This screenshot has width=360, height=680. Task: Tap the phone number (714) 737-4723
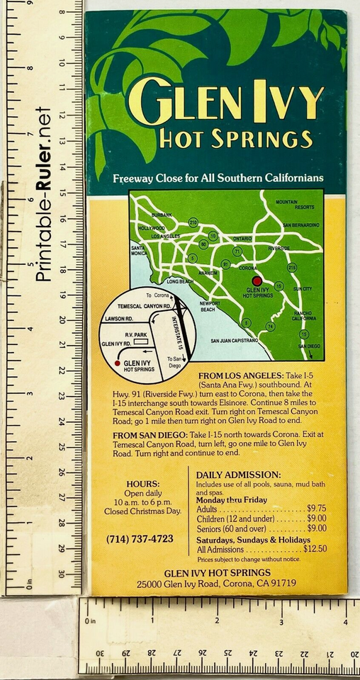(x=140, y=538)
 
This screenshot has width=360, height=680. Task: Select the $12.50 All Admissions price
(x=315, y=548)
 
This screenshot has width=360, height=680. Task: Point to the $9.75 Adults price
(x=316, y=508)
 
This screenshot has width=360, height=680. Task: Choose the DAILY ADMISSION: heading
(x=238, y=474)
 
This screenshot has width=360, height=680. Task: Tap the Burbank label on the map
(x=162, y=215)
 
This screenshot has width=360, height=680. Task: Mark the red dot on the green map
(x=257, y=280)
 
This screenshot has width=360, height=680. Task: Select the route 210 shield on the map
(x=193, y=222)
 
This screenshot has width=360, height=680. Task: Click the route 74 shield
(x=270, y=326)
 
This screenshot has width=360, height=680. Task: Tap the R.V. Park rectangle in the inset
(x=144, y=341)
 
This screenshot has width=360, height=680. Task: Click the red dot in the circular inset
(x=117, y=363)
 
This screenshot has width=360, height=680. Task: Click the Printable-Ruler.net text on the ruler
(x=43, y=193)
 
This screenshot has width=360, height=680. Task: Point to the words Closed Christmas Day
(x=142, y=511)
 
